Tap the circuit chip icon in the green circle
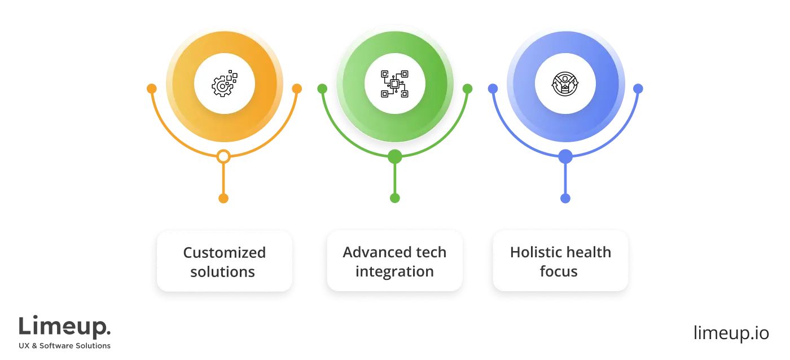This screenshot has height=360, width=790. pos(394,85)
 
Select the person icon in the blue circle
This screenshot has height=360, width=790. pos(565,85)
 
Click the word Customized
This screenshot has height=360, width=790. pos(224,252)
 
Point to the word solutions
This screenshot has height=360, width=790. pos(222,271)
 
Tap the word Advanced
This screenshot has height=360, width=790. pos(370,252)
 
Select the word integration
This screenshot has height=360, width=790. pos(394,271)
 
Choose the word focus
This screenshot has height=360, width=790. pos(559,271)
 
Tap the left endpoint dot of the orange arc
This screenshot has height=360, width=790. pos(151,89)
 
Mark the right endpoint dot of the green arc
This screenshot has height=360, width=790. pos(467,89)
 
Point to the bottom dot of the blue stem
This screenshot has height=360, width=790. pos(565,199)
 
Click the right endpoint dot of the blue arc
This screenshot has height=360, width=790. pos(638,89)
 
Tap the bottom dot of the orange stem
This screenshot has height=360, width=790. pos(223,197)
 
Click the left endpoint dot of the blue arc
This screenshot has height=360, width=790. pos(493,89)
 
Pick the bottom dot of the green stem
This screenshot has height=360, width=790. pos(395,197)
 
